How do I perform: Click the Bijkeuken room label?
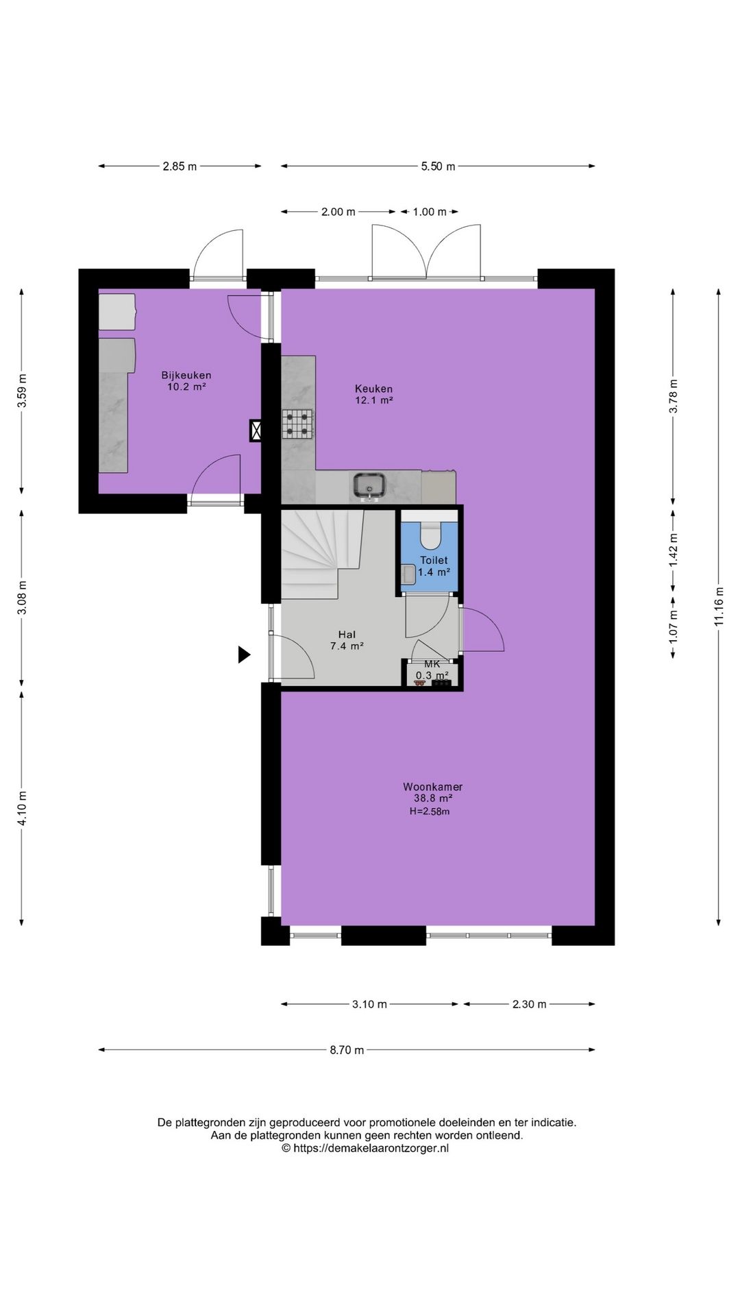(x=186, y=375)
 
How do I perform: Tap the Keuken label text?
(x=373, y=389)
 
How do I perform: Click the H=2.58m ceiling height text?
(x=429, y=812)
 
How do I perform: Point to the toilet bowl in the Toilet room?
(x=430, y=535)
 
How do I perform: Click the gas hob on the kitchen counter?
(x=298, y=423)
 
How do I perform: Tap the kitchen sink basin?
(x=370, y=485)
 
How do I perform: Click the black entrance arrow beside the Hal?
(x=244, y=655)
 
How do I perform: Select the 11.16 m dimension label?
(x=718, y=606)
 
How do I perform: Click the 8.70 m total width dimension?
(x=347, y=1049)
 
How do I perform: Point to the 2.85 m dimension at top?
(x=180, y=166)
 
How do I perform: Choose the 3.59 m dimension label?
(x=23, y=391)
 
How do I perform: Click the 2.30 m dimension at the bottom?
(x=529, y=1004)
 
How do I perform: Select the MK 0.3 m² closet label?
(x=432, y=670)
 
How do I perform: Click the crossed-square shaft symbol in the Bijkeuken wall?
(x=256, y=430)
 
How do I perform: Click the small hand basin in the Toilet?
(x=408, y=574)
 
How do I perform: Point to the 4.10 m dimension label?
(x=23, y=809)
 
